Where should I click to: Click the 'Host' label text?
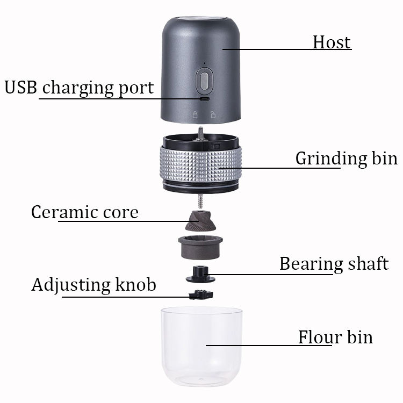332,42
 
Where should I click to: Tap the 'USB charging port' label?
79,88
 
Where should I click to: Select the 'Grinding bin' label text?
346,159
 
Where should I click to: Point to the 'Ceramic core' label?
84,212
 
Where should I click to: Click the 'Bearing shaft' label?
333,264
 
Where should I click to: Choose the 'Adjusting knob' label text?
93,284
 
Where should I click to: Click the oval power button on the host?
203,81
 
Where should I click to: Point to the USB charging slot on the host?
204,99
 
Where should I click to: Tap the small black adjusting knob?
200,293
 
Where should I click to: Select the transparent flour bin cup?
200,344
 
